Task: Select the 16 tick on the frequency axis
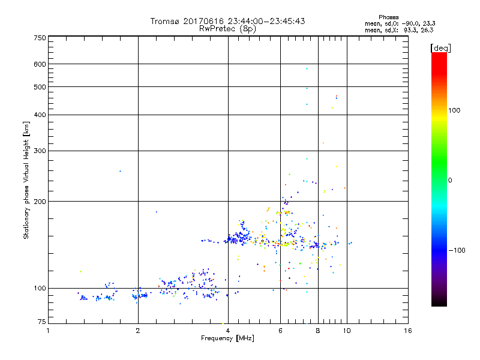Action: (407, 331)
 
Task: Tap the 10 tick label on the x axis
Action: (347, 331)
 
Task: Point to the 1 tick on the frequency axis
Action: (49, 331)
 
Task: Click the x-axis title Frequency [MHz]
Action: (227, 338)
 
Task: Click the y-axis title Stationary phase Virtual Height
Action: (26, 180)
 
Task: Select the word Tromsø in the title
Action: (167, 21)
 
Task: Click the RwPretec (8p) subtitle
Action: (227, 28)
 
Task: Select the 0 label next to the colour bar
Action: (451, 180)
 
